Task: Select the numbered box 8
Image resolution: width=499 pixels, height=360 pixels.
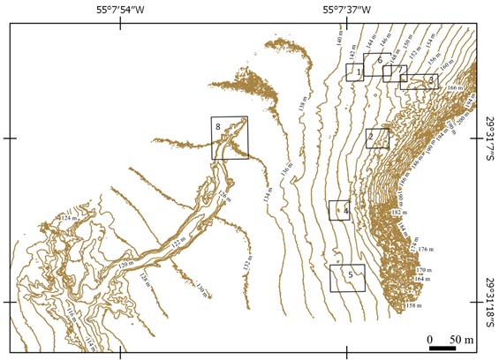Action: [230, 138]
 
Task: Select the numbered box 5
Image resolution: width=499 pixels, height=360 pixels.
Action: [347, 278]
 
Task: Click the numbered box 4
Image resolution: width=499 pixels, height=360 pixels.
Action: [340, 210]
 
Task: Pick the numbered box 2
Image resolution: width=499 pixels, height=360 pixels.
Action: [377, 138]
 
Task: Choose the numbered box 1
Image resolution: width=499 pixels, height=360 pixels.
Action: [355, 72]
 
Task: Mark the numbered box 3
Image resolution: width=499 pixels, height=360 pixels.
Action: [419, 81]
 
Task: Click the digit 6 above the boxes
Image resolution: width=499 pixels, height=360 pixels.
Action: [379, 60]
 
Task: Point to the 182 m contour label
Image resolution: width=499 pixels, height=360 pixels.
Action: [398, 214]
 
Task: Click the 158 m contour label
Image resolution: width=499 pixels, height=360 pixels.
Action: [411, 306]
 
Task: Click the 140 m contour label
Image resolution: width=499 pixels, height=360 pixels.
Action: [339, 36]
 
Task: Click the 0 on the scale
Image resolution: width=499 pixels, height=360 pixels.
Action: [429, 338]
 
